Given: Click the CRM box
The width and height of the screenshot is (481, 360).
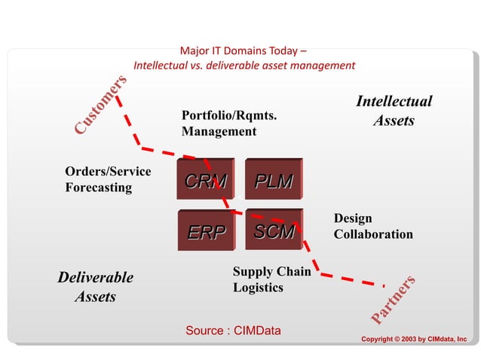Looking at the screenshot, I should [205, 182].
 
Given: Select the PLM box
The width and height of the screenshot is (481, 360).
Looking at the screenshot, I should [274, 182].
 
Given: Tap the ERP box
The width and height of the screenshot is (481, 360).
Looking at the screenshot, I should [206, 232].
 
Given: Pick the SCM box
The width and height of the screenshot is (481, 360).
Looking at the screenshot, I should [274, 231].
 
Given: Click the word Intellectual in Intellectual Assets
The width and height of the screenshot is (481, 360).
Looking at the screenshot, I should [394, 101].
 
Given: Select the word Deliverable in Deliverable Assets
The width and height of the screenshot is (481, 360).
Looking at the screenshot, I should [95, 277].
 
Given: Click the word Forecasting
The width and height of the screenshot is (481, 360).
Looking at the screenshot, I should [98, 188].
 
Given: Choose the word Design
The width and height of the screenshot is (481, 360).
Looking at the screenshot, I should [353, 218].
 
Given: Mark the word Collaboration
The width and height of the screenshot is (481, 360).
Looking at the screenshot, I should [373, 234].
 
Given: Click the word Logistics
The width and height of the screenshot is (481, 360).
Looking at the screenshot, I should [258, 288].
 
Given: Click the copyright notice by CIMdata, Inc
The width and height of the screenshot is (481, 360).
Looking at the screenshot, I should [414, 340].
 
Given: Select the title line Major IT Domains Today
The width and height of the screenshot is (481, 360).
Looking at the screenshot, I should [243, 51].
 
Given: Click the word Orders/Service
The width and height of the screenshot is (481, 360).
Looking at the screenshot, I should [108, 172].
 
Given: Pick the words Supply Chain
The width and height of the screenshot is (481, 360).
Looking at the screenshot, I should [271, 271].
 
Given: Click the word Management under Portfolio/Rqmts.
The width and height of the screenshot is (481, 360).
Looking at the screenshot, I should [219, 132].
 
